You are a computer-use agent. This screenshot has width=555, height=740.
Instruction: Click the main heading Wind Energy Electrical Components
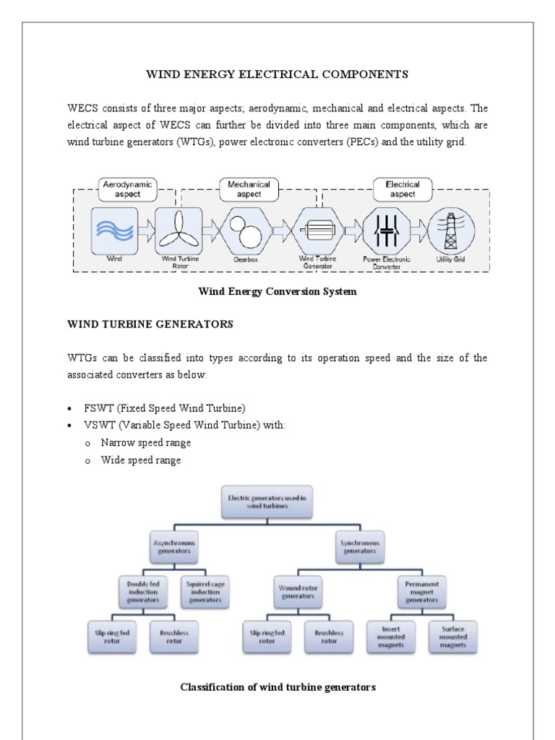pyautogui.click(x=277, y=74)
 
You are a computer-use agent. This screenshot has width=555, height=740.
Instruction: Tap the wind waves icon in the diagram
pyautogui.click(x=114, y=229)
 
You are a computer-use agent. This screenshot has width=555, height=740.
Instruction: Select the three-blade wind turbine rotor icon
pyautogui.click(x=177, y=230)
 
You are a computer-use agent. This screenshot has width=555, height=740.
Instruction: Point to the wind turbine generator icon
pyautogui.click(x=316, y=230)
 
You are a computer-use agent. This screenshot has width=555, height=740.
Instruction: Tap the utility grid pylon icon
pyautogui.click(x=452, y=230)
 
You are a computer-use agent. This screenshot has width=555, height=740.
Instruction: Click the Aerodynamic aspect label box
pyautogui.click(x=127, y=189)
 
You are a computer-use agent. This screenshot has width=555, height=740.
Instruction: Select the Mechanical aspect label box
pyautogui.click(x=249, y=189)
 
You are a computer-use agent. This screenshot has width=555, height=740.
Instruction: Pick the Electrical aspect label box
pyautogui.click(x=403, y=189)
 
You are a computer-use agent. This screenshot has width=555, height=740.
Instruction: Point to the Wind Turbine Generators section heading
pyautogui.click(x=150, y=325)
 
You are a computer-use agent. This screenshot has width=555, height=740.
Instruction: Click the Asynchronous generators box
pyautogui.click(x=173, y=546)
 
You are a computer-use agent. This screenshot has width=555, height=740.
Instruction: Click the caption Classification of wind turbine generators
pyautogui.click(x=277, y=687)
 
